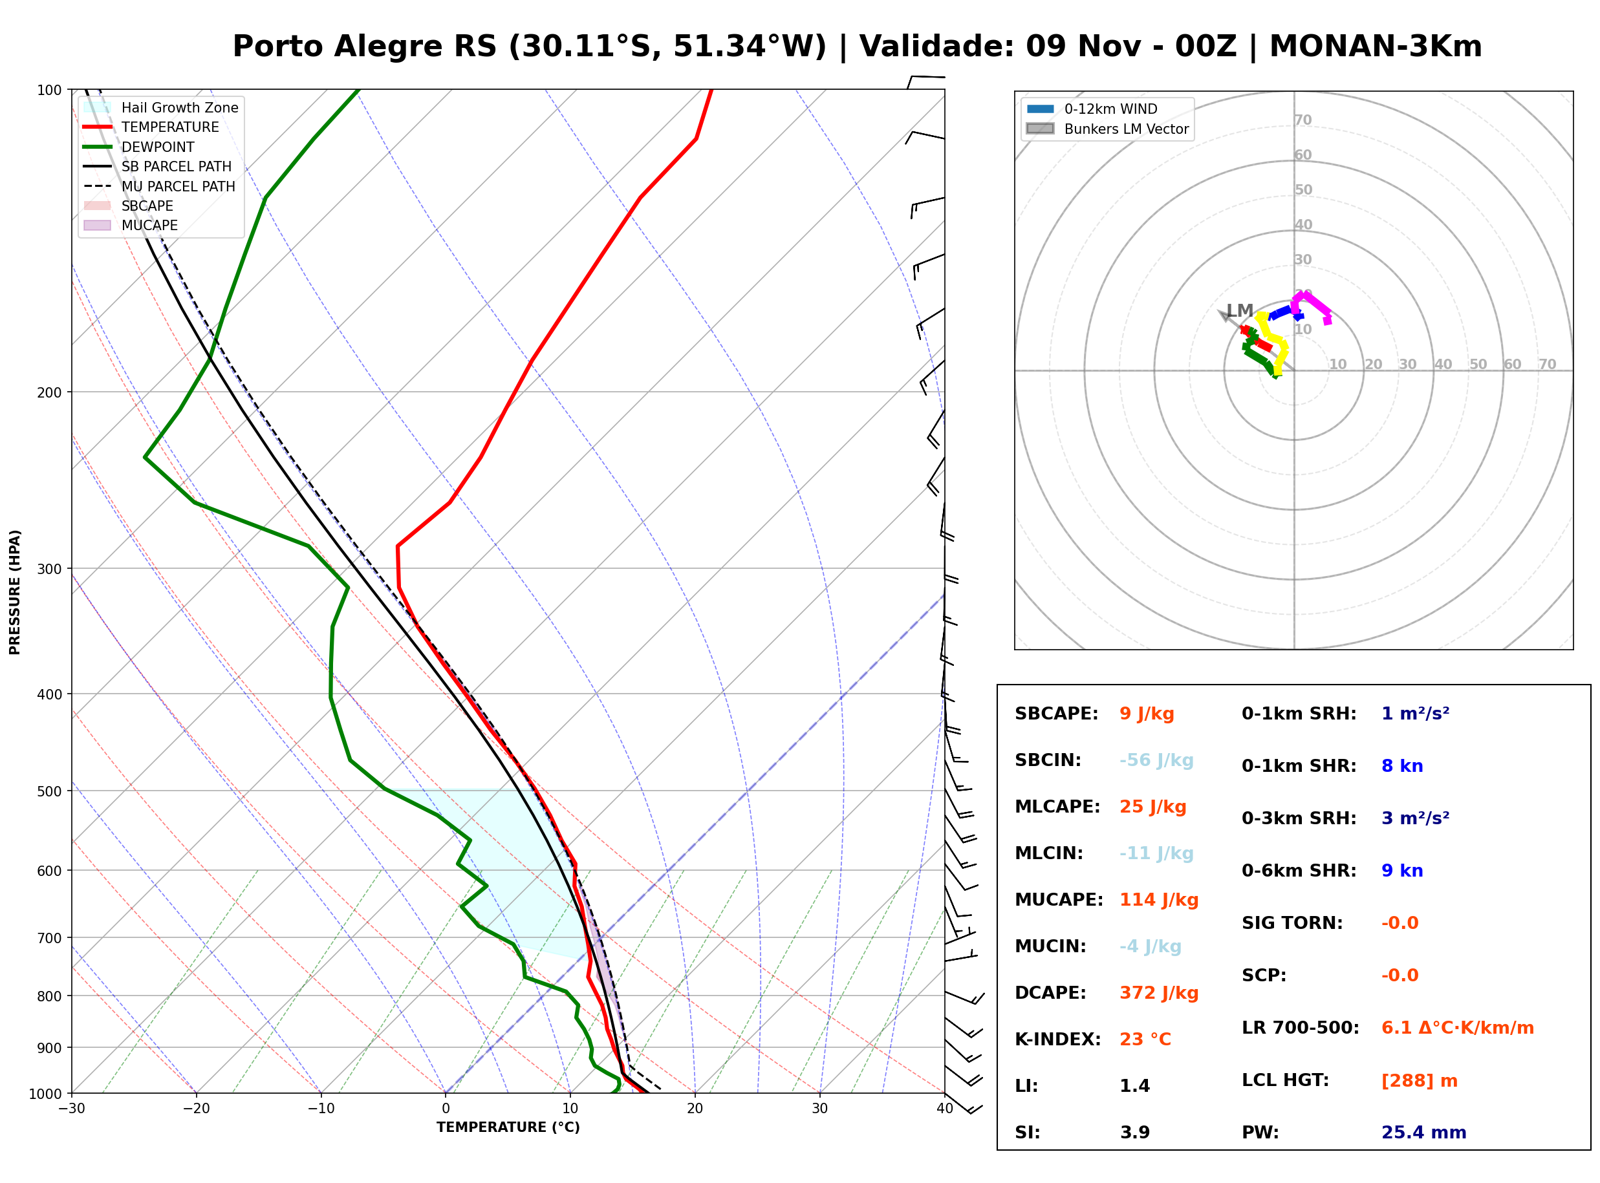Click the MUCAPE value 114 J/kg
click(x=1159, y=900)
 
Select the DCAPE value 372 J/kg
click(x=1159, y=993)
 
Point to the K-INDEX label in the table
click(x=1058, y=1039)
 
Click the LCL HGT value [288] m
click(x=1420, y=1081)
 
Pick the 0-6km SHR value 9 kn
click(x=1401, y=871)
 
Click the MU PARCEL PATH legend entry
click(x=160, y=186)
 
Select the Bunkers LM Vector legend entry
click(x=1107, y=129)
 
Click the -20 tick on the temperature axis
click(x=195, y=1109)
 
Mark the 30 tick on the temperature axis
click(x=819, y=1109)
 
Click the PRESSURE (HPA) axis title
click(x=15, y=592)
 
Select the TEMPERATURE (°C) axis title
click(x=508, y=1128)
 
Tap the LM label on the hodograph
click(x=1240, y=311)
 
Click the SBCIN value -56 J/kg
click(x=1156, y=760)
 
